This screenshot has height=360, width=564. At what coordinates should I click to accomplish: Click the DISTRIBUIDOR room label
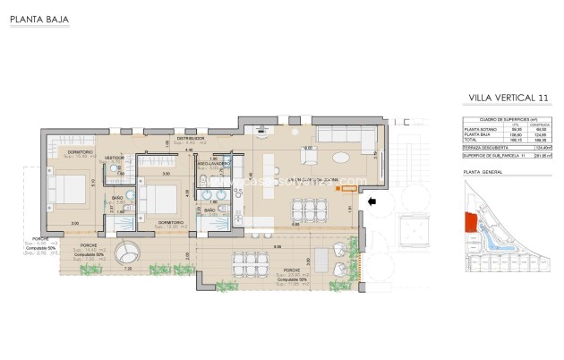pos(191,139)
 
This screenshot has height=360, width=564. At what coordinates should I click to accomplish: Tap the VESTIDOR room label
pos(115,158)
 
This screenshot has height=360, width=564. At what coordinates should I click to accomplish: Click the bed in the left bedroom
pos(64,191)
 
